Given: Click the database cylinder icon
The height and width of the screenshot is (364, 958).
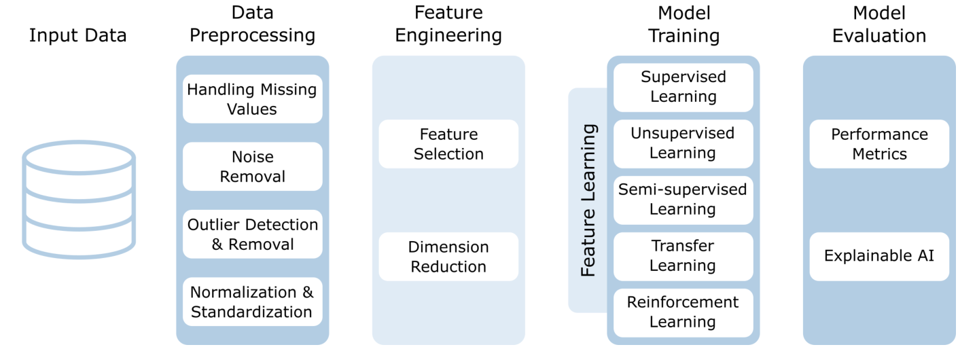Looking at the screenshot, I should coord(79,200).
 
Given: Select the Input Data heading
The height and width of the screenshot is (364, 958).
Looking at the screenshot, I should coord(77,35).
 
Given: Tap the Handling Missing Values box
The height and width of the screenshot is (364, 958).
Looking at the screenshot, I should coord(252,99).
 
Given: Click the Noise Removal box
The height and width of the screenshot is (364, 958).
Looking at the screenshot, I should coord(252,166).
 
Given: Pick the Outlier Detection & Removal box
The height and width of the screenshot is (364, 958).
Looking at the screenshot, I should coord(252,234).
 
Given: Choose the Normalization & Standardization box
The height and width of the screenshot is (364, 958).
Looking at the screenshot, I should coord(252,302).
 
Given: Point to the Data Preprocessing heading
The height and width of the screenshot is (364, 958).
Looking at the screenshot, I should coord(252,24).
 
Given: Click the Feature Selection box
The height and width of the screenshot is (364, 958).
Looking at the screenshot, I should coord(448,144).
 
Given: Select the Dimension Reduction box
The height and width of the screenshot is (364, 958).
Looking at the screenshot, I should coord(448,257).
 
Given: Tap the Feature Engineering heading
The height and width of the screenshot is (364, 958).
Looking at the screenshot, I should coord(448,24).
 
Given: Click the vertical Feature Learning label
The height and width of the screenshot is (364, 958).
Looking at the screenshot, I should coord(588,200).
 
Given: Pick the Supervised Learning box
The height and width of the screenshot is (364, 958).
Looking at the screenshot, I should coord(683,87).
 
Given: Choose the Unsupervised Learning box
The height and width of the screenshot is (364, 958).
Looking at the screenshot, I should coord(683,143).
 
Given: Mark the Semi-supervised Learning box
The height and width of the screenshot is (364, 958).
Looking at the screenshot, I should coord(683,200).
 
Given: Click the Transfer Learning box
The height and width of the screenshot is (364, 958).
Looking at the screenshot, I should coord(683,256).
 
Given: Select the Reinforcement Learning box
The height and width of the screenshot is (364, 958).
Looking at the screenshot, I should coord(683,312).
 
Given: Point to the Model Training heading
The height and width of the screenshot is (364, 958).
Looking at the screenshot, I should coord(683,24).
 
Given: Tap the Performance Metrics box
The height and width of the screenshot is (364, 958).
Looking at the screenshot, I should coord(879,144).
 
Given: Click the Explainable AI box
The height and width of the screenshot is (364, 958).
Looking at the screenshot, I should coord(879,257).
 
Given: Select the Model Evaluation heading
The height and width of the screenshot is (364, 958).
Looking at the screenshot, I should coord(879,24).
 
